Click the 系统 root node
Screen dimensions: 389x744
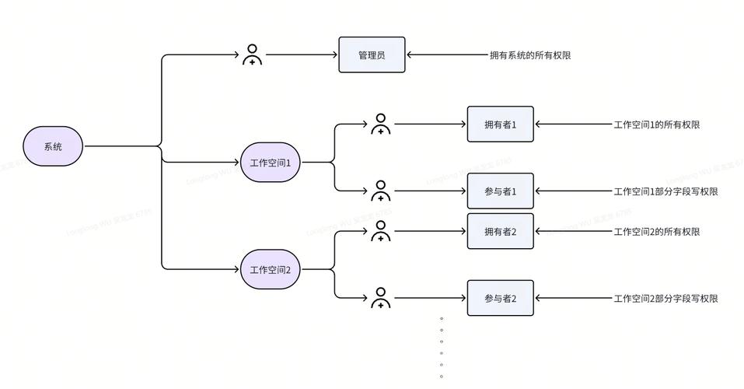coord(53,146)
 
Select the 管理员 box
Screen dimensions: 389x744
coord(372,55)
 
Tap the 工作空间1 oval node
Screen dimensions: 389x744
coord(270,163)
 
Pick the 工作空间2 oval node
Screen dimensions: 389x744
coord(270,270)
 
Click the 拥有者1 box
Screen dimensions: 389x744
coord(500,124)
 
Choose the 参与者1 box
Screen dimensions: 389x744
coord(500,191)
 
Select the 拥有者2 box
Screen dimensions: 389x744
coord(500,231)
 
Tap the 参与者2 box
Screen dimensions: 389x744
coord(500,298)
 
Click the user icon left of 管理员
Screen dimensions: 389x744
coord(252,55)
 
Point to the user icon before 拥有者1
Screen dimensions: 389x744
coord(380,124)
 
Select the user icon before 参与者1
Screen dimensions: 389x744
coord(380,191)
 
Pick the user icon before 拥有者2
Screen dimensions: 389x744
coord(380,231)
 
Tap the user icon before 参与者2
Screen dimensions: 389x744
coord(380,298)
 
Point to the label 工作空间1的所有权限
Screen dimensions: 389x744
coord(656,124)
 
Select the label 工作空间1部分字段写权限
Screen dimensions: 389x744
coord(665,191)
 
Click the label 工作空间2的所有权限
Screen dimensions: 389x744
coord(656,232)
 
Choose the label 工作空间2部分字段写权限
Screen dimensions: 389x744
coord(665,298)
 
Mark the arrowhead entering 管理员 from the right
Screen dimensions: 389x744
coord(410,55)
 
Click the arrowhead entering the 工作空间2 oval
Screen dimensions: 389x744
coord(236,270)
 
